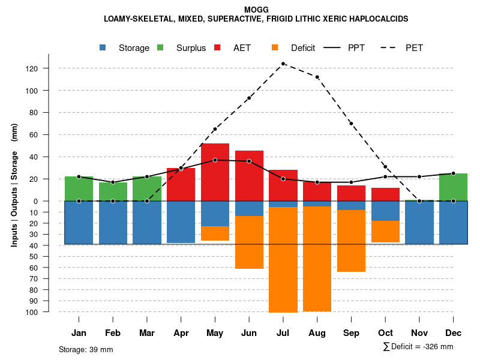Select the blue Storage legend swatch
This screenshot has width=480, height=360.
click(x=104, y=47)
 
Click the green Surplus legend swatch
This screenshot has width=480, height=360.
click(x=160, y=47)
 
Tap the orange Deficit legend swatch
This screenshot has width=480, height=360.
click(x=275, y=47)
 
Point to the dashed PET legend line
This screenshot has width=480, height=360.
click(x=391, y=47)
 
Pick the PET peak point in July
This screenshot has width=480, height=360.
click(x=283, y=64)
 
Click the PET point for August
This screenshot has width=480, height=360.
click(x=317, y=77)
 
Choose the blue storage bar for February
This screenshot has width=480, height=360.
click(x=113, y=223)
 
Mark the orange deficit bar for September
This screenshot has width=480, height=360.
click(x=351, y=241)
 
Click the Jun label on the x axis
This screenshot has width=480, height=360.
click(x=249, y=333)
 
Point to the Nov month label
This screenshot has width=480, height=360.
click(x=419, y=333)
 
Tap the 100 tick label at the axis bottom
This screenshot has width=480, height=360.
click(x=49, y=312)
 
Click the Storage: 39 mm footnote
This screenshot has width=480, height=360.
click(x=86, y=349)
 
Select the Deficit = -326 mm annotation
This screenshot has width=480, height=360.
click(x=418, y=347)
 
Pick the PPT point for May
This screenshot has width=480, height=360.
click(x=215, y=160)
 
